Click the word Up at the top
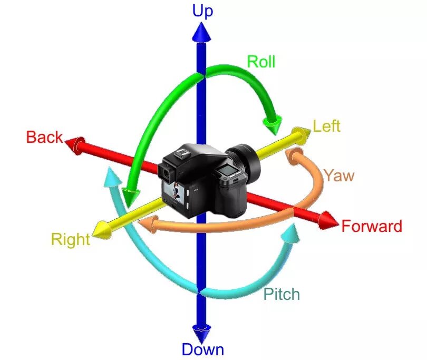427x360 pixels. (x=202, y=11)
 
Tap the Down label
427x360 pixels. (x=202, y=349)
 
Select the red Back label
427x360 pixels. (x=44, y=138)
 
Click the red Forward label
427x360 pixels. (x=372, y=227)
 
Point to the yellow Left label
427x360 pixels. (x=326, y=127)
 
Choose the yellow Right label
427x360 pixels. (x=70, y=240)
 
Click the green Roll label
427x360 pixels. (x=261, y=62)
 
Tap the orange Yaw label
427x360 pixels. (x=338, y=175)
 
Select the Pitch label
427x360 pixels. (x=282, y=294)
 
